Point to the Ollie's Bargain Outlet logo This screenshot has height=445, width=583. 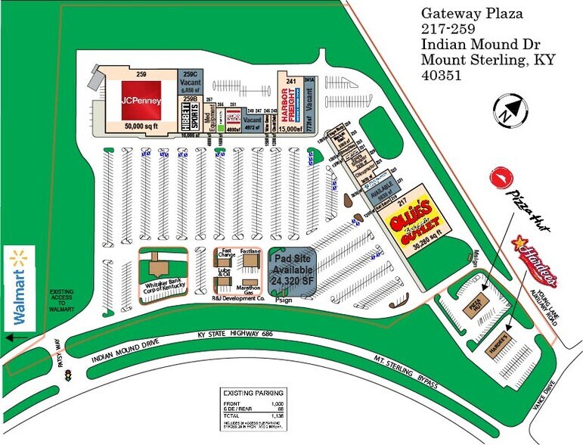[x=414, y=218]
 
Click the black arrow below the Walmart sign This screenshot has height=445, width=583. [x=11, y=338]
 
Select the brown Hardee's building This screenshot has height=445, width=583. [x=497, y=333]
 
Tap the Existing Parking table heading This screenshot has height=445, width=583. [x=253, y=393]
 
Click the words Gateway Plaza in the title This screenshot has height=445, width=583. [x=472, y=14]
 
